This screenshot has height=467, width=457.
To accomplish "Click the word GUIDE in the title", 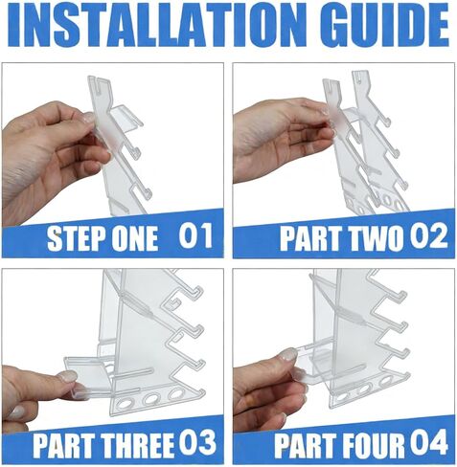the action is pyautogui.click(x=380, y=26).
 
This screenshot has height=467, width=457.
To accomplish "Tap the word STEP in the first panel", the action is pyautogui.click(x=76, y=238).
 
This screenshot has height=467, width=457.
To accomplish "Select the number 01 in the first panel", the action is pyautogui.click(x=195, y=235).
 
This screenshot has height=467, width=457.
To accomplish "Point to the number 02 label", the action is pyautogui.click(x=428, y=236).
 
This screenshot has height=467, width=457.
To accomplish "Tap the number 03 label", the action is pyautogui.click(x=197, y=443).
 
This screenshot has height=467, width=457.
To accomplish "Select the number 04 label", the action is pyautogui.click(x=429, y=443).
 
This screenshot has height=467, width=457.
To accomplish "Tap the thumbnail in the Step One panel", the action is pyautogui.click(x=88, y=118).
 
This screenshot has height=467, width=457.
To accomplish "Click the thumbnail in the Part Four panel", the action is pyautogui.click(x=289, y=354).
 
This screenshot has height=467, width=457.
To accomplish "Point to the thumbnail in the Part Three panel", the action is pyautogui.click(x=67, y=377).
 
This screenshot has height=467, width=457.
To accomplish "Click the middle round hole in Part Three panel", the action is pyautogui.click(x=151, y=399).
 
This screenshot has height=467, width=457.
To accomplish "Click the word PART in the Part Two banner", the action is pyautogui.click(x=313, y=238).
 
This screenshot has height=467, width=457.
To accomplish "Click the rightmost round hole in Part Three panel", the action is pyautogui.click(x=175, y=393).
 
